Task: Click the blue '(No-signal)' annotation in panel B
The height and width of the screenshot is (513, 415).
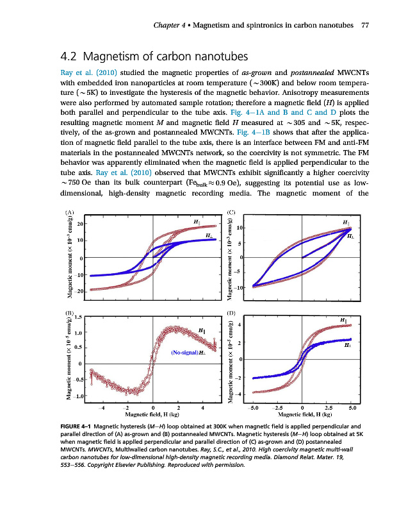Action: (x=184, y=353)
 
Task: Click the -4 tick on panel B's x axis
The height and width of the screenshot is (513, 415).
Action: (x=102, y=407)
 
